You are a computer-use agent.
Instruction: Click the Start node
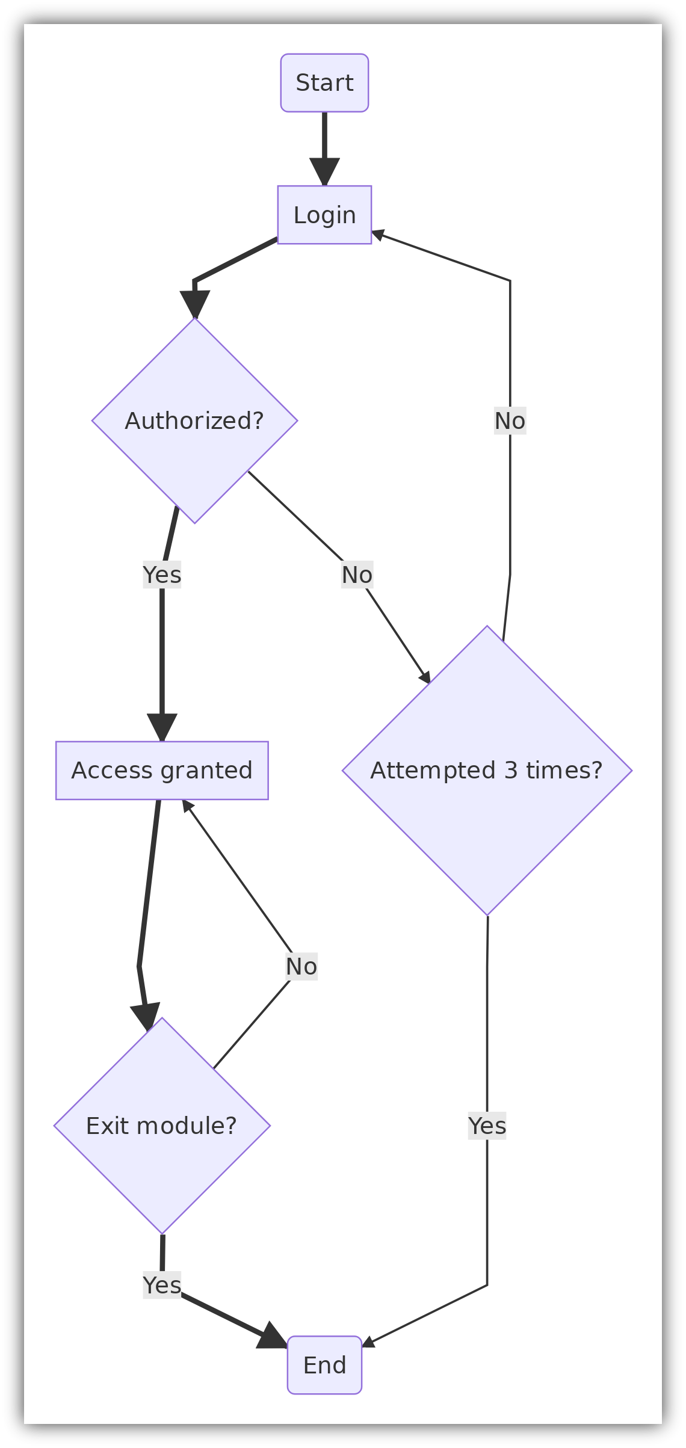pos(324,83)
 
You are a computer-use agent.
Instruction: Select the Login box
pos(324,215)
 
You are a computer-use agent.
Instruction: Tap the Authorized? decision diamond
pos(194,421)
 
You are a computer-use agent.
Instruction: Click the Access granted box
pos(162,770)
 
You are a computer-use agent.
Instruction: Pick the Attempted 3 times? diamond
pos(487,770)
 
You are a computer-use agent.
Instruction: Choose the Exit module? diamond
pos(162,1126)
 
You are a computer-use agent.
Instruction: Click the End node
pos(324,1365)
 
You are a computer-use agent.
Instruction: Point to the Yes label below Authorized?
pos(162,575)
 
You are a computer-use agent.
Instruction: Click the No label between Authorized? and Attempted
pos(357,575)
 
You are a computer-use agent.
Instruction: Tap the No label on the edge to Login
pos(510,421)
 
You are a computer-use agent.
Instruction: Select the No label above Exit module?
pos(301,966)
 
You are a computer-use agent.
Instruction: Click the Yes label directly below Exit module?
pos(162,1284)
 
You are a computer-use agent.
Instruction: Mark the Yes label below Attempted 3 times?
pos(487,1126)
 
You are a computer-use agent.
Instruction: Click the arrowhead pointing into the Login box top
pos(324,173)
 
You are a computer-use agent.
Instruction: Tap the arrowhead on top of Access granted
pos(162,728)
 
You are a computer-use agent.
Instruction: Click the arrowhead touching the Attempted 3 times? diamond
pos(425,676)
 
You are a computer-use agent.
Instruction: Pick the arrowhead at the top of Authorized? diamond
pos(194,304)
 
